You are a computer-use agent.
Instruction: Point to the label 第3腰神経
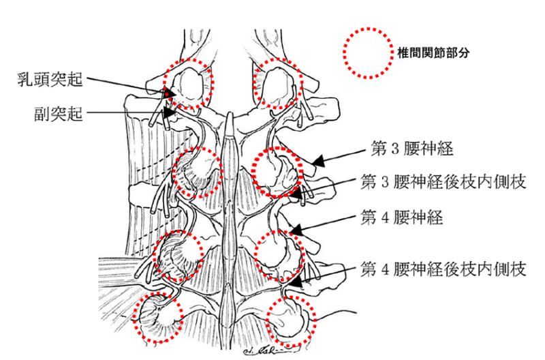pos(412,148)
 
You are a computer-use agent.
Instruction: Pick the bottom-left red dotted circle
pos(158,317)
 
